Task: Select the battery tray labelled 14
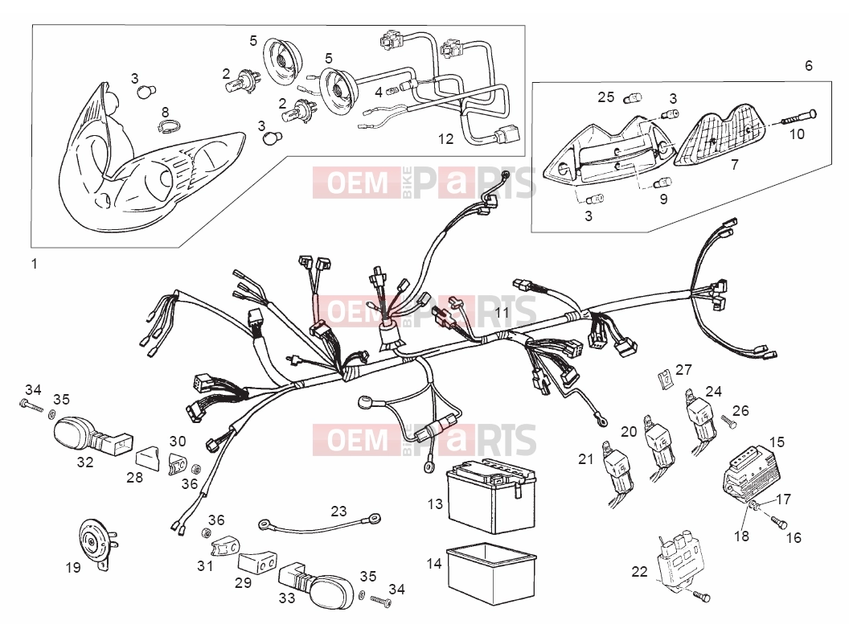click(x=490, y=573)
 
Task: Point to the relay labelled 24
click(x=702, y=421)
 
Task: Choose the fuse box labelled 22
click(x=679, y=561)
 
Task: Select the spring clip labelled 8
click(x=167, y=127)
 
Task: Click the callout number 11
click(x=502, y=313)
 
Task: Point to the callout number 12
click(x=445, y=139)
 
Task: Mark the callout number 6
click(x=808, y=65)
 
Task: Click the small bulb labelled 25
click(x=633, y=99)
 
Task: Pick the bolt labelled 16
click(x=778, y=522)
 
